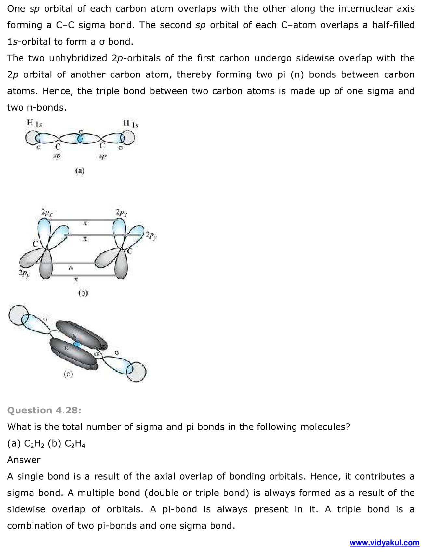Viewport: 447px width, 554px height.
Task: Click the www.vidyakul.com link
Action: [384, 543]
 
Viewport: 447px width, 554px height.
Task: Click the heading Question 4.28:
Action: [44, 410]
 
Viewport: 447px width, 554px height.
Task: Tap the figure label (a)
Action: [80, 170]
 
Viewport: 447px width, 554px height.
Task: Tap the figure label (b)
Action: [83, 293]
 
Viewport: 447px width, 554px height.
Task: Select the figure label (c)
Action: [68, 374]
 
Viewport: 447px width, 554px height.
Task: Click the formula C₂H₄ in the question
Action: [75, 444]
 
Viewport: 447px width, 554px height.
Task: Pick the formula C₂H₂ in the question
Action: [34, 444]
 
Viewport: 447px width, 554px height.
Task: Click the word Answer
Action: [24, 460]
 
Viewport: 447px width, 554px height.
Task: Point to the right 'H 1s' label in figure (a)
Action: [131, 124]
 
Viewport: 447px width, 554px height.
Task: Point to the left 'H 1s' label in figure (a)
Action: [34, 123]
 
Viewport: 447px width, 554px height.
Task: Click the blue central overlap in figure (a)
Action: [80, 139]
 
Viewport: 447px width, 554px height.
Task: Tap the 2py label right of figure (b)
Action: [151, 235]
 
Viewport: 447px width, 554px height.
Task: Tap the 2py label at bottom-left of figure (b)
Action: [24, 273]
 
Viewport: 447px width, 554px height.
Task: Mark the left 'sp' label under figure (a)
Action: [57, 156]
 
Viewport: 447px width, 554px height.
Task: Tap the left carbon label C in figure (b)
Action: [35, 244]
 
